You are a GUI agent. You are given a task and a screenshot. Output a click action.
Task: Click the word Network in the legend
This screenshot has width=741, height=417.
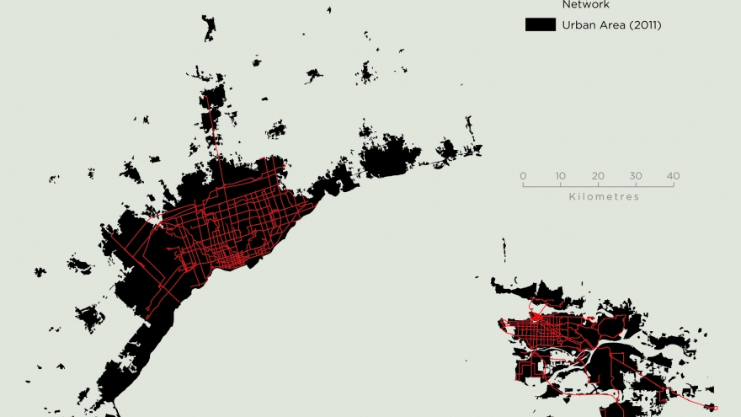(x=585, y=4)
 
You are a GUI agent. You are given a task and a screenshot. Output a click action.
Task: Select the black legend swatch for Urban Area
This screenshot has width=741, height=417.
(x=539, y=25)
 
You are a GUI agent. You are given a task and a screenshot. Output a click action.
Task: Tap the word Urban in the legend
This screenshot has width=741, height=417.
(x=578, y=25)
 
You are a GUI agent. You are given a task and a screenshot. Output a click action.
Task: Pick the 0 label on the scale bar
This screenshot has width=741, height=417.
(x=523, y=175)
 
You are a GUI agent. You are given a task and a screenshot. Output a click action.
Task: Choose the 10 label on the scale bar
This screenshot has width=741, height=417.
(x=560, y=175)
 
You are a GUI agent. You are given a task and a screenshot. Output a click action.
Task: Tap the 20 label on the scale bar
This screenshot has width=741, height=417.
(x=598, y=175)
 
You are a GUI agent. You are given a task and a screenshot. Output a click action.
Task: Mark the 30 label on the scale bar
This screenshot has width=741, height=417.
(x=636, y=175)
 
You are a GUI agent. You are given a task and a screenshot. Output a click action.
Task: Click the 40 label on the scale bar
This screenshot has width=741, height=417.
(x=673, y=175)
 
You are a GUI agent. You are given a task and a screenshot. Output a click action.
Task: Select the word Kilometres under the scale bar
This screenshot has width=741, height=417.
(x=604, y=197)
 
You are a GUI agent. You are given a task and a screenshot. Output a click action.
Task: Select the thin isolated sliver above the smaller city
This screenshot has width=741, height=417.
(x=504, y=249)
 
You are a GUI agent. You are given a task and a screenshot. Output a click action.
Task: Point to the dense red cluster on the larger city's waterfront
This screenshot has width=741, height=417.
(x=232, y=257)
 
